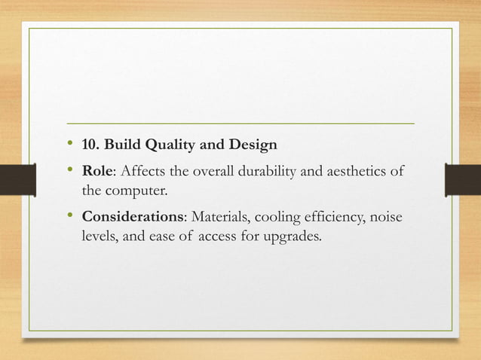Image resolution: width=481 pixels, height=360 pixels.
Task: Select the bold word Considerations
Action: click(x=133, y=218)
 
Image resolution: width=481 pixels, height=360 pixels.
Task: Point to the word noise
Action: click(x=384, y=218)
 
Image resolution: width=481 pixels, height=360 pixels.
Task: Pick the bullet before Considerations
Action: click(x=70, y=217)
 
